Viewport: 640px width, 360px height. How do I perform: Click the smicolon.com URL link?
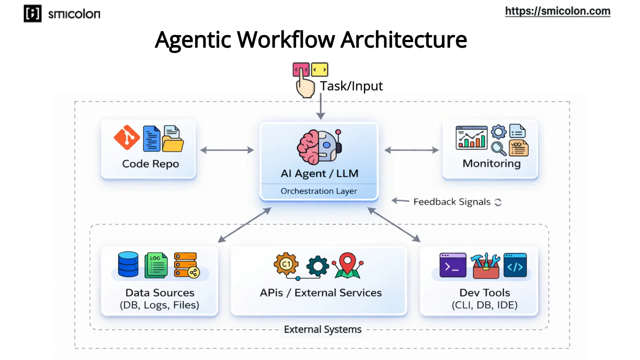[557, 11]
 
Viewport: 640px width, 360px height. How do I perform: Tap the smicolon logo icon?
[33, 14]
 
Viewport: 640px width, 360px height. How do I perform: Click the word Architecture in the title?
[403, 40]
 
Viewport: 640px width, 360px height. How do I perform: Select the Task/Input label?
[351, 86]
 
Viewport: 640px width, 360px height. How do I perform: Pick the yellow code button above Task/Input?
[319, 70]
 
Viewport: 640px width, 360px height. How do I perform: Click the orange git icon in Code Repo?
[127, 138]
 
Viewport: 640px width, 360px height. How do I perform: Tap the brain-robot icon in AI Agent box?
[319, 147]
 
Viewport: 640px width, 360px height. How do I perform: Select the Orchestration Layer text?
[319, 191]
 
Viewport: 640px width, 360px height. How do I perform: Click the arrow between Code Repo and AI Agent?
[227, 150]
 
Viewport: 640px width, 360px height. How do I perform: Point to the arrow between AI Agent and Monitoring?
[411, 150]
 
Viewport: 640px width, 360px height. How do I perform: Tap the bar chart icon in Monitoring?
[471, 138]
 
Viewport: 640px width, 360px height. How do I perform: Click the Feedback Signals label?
[452, 202]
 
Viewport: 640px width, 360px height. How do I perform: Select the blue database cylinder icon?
[128, 264]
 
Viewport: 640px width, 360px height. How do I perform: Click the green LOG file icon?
[156, 265]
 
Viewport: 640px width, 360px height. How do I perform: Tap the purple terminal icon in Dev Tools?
[453, 265]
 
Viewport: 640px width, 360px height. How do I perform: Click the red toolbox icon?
[486, 266]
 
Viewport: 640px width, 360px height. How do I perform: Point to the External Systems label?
[322, 330]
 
